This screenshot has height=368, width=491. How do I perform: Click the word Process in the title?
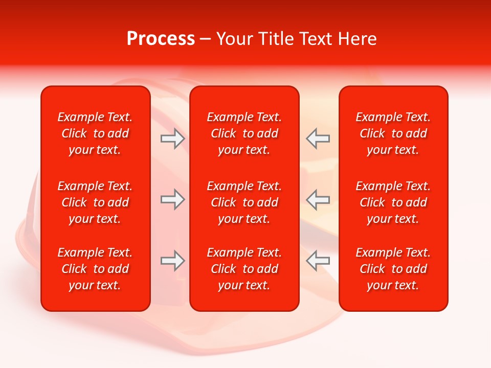tap(161, 39)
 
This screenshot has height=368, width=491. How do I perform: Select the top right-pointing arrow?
tap(172, 139)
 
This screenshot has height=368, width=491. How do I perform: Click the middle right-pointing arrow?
tap(172, 199)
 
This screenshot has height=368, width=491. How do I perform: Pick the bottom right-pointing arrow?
tap(172, 261)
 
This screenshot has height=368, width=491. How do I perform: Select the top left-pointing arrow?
tap(318, 139)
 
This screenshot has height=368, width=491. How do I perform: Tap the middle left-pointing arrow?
tap(318, 199)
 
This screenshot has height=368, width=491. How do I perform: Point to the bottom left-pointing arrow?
tap(318, 261)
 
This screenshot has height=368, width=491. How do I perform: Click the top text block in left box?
tap(95, 133)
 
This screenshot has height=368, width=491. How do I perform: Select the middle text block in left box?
tap(95, 202)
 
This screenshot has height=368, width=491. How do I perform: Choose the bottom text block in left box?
tap(95, 269)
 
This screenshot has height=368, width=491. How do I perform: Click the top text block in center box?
tap(244, 133)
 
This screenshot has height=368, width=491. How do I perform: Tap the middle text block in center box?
tap(244, 202)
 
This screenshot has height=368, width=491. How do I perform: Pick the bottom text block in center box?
tap(244, 269)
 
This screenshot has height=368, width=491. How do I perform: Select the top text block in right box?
tap(393, 133)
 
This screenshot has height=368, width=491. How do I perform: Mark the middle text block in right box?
tap(393, 202)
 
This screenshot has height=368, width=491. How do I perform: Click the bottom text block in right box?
tap(393, 269)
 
